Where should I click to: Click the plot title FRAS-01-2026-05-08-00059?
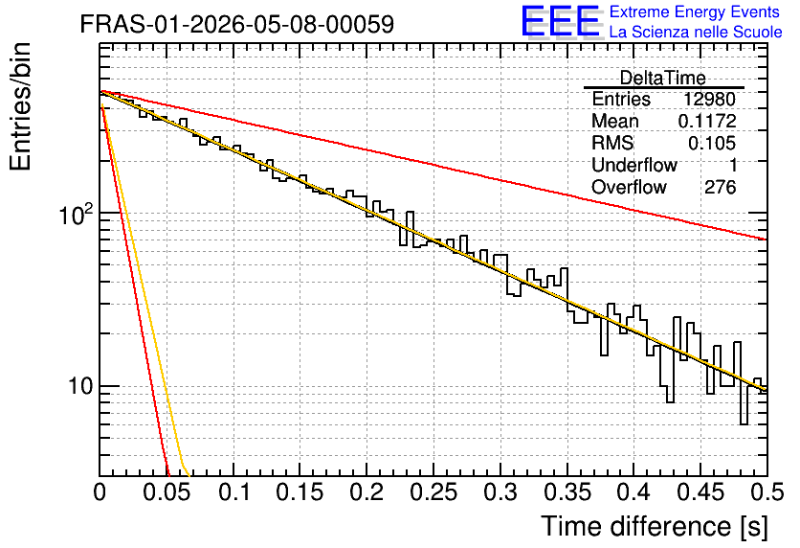coord(236,24)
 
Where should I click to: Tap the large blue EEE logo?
coord(561,21)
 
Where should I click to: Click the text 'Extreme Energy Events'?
coord(695,11)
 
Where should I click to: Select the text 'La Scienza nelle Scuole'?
coord(696,33)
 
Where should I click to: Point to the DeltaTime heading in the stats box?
coord(662,78)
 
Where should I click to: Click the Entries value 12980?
coord(710,99)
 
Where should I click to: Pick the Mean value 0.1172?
coord(707,121)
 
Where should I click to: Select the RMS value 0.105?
coord(712,143)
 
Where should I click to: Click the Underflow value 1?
coord(733,165)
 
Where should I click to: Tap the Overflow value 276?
coord(721,187)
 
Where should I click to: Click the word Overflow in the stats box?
coord(629,187)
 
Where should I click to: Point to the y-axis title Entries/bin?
coord(20,106)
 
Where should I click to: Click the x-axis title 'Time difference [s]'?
coord(655,526)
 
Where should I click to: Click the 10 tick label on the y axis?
coord(80,386)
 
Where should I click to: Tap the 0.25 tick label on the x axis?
coord(433,492)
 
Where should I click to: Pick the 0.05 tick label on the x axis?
coord(167,492)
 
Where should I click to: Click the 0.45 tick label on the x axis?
coord(700,492)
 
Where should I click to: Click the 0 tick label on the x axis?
coord(100,492)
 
